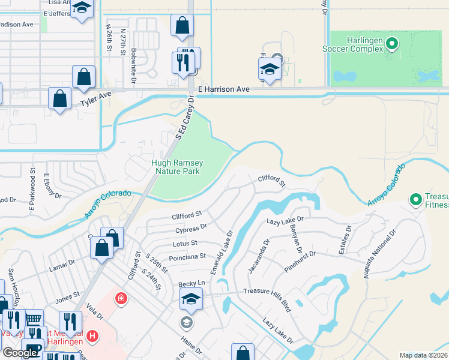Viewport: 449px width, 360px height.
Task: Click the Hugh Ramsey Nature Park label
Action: click(x=177, y=167)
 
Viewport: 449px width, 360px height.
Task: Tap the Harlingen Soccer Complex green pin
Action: click(x=392, y=43)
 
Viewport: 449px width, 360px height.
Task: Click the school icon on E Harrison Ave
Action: click(x=270, y=70)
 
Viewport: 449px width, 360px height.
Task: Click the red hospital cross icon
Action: click(x=121, y=298)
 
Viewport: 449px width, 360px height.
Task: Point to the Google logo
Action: click(x=20, y=353)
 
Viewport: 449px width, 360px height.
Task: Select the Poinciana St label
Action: click(x=188, y=257)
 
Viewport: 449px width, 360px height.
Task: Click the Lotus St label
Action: click(x=185, y=243)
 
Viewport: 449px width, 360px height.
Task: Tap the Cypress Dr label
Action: click(x=191, y=229)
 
